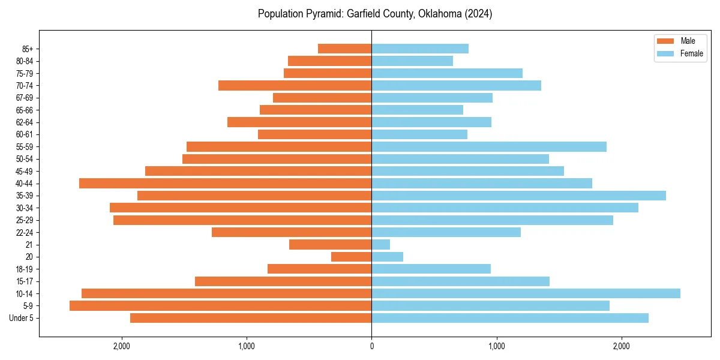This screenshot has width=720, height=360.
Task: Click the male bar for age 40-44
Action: pos(225,184)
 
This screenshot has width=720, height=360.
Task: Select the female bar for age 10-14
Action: pos(526,293)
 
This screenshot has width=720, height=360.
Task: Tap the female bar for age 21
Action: pos(380,245)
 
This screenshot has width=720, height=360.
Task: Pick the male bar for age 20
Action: pos(351,257)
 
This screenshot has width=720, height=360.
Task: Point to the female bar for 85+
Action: pos(420,49)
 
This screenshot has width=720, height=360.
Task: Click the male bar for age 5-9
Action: pos(220,306)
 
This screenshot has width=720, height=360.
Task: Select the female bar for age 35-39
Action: pos(518,196)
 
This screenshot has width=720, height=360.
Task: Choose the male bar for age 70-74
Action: pos(295,86)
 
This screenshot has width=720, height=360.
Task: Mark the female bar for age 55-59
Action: pos(489,147)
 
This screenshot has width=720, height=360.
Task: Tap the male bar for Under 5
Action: pos(251,318)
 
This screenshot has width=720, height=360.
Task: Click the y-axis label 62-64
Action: pos(25,122)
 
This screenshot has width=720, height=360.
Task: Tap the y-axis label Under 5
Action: pos(22,318)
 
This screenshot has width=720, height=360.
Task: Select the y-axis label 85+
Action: pos(27,49)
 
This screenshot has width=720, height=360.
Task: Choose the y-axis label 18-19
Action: pos(25,269)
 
